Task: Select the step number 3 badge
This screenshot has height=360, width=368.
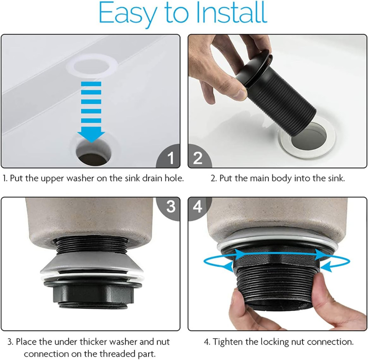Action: click(170, 207)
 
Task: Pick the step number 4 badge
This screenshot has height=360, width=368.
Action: click(198, 207)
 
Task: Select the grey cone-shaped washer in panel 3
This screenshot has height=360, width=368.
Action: click(92, 264)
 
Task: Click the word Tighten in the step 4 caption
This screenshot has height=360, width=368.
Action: click(226, 342)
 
